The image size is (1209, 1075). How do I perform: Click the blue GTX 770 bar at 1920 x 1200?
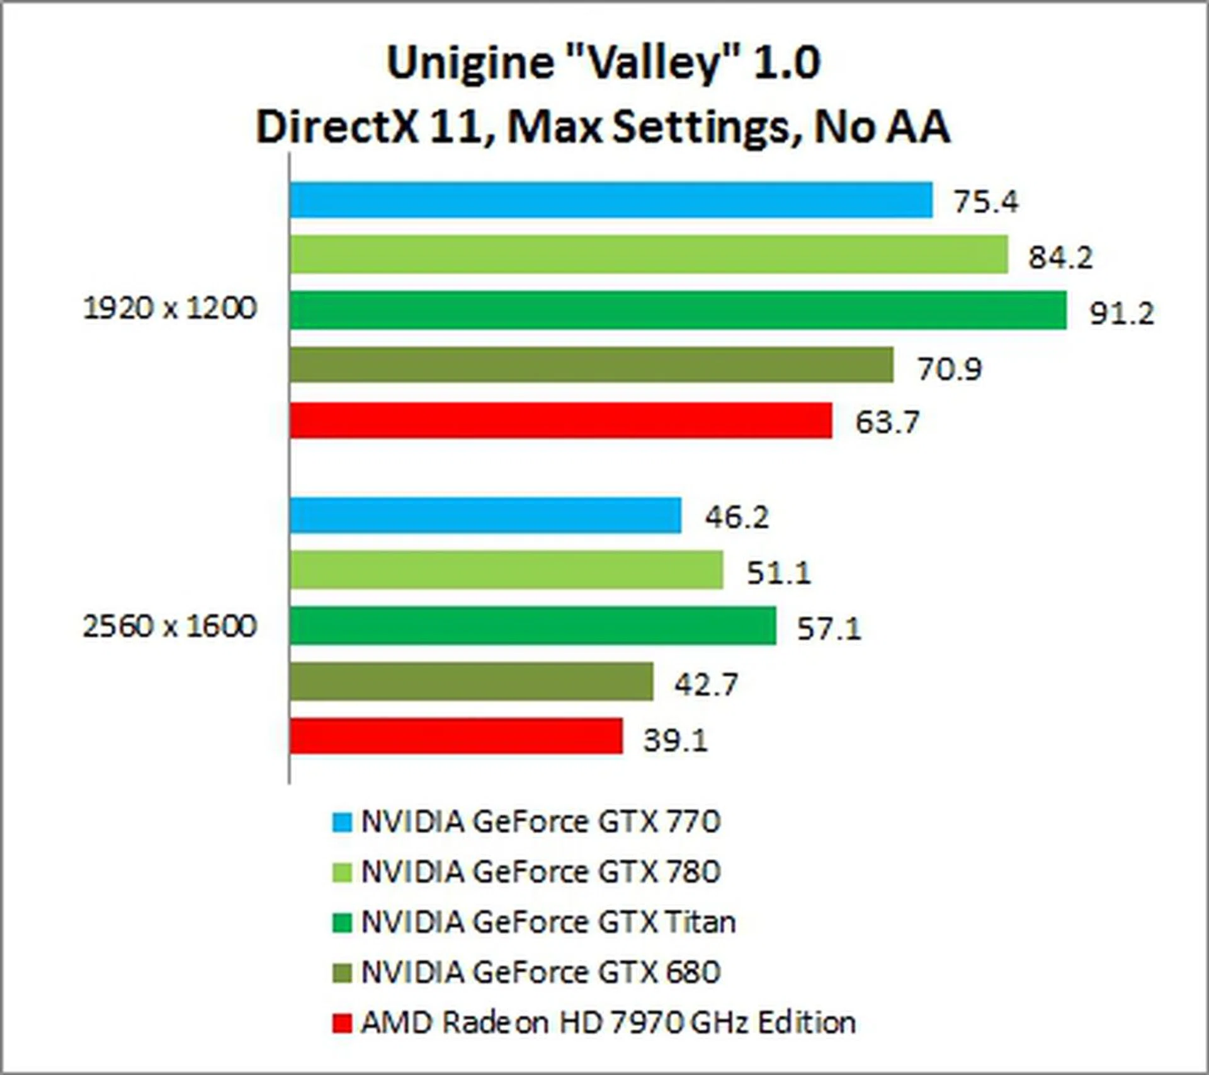click(x=611, y=200)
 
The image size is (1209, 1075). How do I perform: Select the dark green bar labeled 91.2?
click(x=678, y=310)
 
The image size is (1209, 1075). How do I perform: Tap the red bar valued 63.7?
click(x=560, y=420)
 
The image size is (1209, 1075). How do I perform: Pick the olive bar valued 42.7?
click(x=471, y=681)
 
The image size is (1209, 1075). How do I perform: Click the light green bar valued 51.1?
click(x=506, y=570)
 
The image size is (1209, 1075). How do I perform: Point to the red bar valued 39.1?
click(x=456, y=736)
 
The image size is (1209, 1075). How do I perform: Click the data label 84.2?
click(x=1060, y=257)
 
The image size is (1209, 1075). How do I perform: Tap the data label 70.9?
click(x=950, y=368)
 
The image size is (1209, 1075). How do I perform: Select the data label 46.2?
click(x=737, y=517)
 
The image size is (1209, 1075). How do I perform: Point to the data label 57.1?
click(x=829, y=628)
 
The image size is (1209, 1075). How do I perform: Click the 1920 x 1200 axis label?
click(x=170, y=308)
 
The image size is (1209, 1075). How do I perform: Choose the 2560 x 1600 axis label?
click(x=170, y=626)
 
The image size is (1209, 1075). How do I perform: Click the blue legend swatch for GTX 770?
click(x=342, y=822)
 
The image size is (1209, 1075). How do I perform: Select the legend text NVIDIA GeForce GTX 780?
click(x=540, y=871)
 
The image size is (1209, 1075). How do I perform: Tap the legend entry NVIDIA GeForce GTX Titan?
click(x=548, y=922)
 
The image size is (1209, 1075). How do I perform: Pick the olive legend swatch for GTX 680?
click(x=342, y=973)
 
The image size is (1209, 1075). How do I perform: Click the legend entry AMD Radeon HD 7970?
click(x=608, y=1022)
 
